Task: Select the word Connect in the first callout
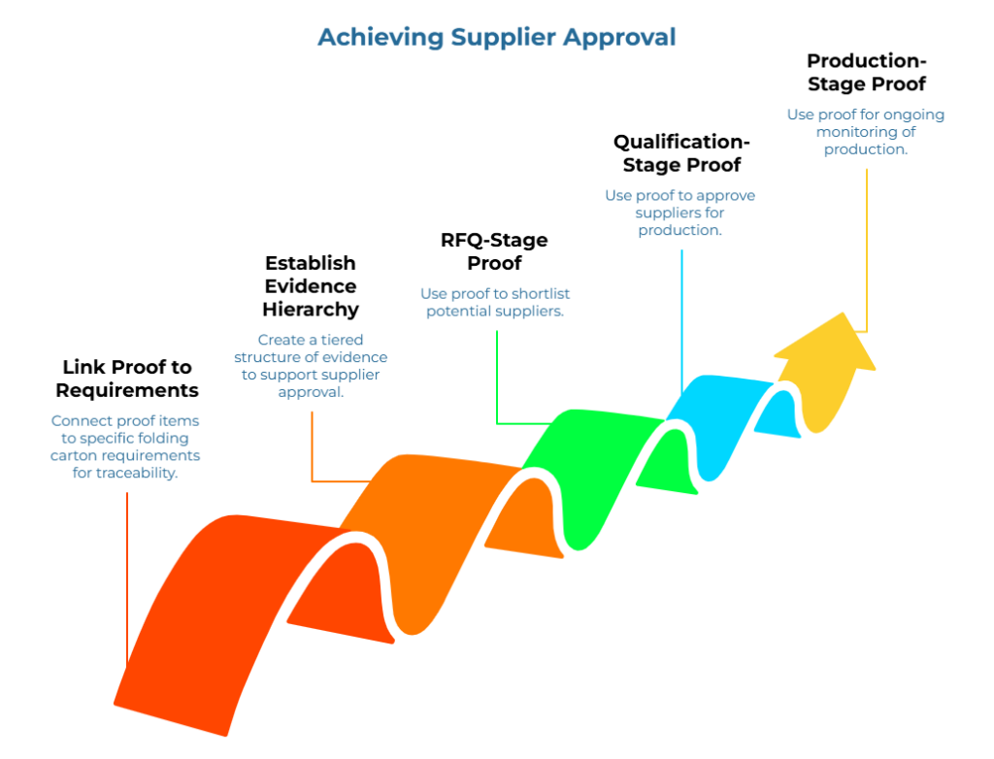(x=81, y=420)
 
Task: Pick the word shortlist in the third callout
(x=548, y=292)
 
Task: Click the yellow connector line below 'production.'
(x=867, y=252)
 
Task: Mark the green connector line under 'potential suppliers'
(x=497, y=379)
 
